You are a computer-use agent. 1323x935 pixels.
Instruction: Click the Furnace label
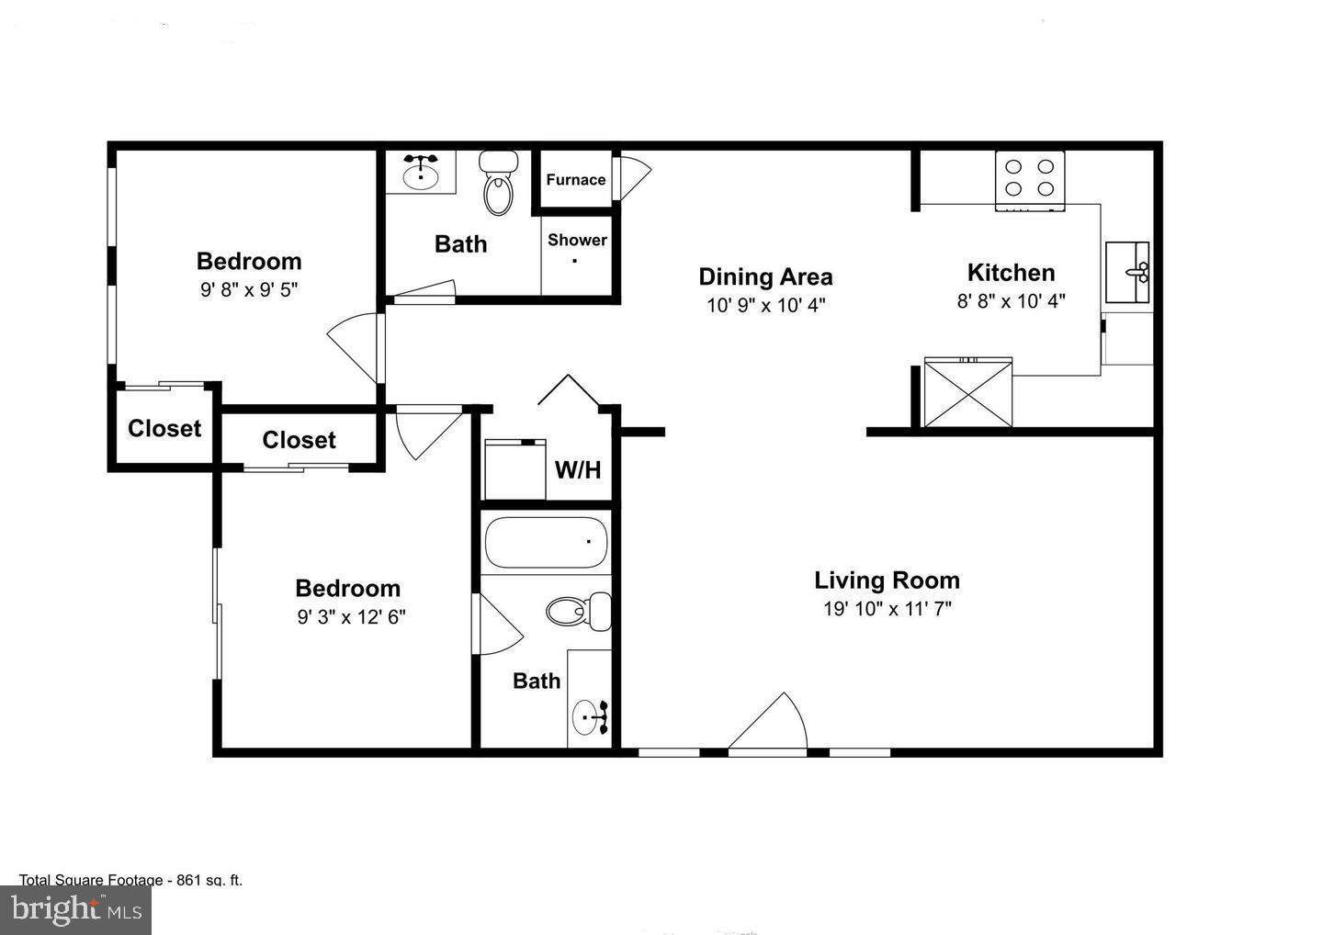pyautogui.click(x=576, y=180)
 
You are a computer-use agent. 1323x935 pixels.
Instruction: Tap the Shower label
pyautogui.click(x=577, y=241)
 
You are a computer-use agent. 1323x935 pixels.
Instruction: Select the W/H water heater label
pyautogui.click(x=578, y=470)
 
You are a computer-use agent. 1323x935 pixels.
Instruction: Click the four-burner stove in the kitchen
pyautogui.click(x=1029, y=178)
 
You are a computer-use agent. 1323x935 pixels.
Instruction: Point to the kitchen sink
pyautogui.click(x=1127, y=272)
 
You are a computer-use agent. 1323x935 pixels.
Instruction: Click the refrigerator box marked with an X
pyautogui.click(x=967, y=393)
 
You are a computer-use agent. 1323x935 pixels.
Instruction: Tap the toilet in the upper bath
pyautogui.click(x=498, y=184)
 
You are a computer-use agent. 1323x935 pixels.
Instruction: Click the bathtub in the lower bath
pyautogui.click(x=546, y=543)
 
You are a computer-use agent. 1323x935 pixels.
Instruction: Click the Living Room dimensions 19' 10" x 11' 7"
pyautogui.click(x=887, y=609)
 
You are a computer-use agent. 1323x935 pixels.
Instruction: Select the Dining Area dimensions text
pyautogui.click(x=765, y=305)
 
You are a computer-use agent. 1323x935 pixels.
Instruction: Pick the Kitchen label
pyautogui.click(x=1011, y=273)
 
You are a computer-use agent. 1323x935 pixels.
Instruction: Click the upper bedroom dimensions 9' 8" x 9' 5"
pyautogui.click(x=249, y=290)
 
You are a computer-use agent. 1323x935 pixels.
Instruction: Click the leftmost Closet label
pyautogui.click(x=164, y=429)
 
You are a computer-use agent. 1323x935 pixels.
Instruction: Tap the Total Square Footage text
pyautogui.click(x=130, y=880)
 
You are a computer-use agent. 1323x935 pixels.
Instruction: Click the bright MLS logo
pyautogui.click(x=75, y=909)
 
